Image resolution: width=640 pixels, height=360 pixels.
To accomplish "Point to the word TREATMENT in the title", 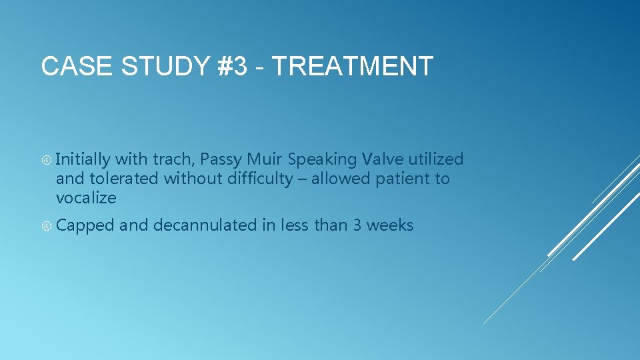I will (x=353, y=66).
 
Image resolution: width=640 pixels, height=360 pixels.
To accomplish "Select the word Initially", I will (x=83, y=159).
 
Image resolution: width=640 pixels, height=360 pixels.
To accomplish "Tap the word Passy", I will (x=221, y=159).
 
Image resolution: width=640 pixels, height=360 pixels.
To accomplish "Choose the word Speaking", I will (x=321, y=159).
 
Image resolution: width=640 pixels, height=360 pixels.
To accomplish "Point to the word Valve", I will (x=383, y=159).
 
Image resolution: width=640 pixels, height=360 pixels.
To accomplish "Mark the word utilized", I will (x=436, y=159).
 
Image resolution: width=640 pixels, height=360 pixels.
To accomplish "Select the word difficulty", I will (x=260, y=179).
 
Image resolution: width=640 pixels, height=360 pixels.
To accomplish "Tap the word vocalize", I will (x=86, y=198).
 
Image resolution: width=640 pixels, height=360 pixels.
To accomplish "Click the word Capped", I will (x=85, y=226).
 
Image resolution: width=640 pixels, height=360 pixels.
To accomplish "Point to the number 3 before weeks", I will (x=357, y=226).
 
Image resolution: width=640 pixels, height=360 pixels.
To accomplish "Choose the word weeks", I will (x=390, y=226).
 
